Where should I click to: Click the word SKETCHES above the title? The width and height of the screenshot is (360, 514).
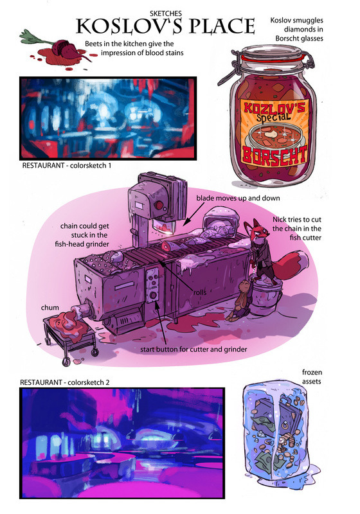pyautogui.click(x=166, y=13)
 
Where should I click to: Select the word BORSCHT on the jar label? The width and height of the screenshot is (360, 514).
pyautogui.click(x=274, y=155)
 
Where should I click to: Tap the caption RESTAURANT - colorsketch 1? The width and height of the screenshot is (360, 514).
pyautogui.click(x=67, y=166)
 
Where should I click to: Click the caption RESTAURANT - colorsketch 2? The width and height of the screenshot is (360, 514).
pyautogui.click(x=64, y=382)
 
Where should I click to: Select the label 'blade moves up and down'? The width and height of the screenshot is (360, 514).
pyautogui.click(x=238, y=198)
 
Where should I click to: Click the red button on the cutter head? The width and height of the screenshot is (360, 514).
pyautogui.click(x=159, y=205)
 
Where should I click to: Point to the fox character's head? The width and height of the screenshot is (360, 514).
pyautogui.click(x=257, y=232)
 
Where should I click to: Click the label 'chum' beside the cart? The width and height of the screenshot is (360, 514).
pyautogui.click(x=50, y=308)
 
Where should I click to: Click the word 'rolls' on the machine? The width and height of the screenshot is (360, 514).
pyautogui.click(x=200, y=292)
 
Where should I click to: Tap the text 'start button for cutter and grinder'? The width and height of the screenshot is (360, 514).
pyautogui.click(x=194, y=350)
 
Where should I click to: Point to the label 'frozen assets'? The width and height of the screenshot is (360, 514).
pyautogui.click(x=312, y=377)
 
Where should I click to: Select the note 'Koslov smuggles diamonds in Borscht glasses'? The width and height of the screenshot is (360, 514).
pyautogui.click(x=297, y=29)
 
